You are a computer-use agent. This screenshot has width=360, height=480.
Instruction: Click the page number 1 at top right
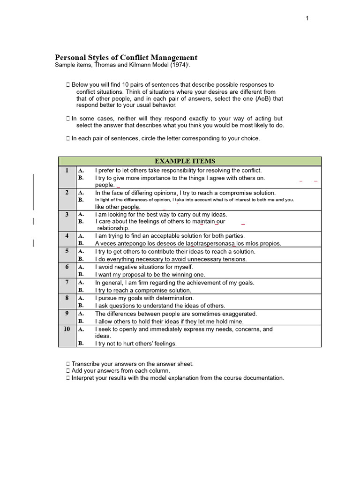(307, 18)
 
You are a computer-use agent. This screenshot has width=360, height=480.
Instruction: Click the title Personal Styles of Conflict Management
(126, 57)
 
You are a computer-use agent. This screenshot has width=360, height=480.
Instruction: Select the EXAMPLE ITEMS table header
(190, 161)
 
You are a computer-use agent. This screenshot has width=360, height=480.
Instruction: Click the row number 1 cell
(67, 170)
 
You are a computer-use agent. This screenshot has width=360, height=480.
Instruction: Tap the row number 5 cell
(67, 251)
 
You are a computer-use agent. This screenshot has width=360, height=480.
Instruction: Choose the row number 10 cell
(67, 329)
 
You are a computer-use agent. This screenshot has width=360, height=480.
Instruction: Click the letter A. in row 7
(81, 283)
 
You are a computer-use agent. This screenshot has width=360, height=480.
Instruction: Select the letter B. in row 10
(81, 344)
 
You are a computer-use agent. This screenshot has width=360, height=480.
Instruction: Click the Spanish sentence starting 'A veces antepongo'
(188, 243)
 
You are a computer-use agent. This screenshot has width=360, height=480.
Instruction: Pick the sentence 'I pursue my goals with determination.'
(144, 298)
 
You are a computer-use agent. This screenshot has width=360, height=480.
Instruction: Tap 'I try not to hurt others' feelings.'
(136, 344)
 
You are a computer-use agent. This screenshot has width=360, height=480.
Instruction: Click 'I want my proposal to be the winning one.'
(150, 275)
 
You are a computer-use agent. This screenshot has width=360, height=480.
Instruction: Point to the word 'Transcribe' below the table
(88, 364)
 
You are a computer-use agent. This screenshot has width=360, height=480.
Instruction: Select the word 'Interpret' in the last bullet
(84, 378)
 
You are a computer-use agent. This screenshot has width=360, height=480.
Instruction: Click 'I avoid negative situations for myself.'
(144, 267)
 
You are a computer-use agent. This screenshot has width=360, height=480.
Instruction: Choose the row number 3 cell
(67, 214)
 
